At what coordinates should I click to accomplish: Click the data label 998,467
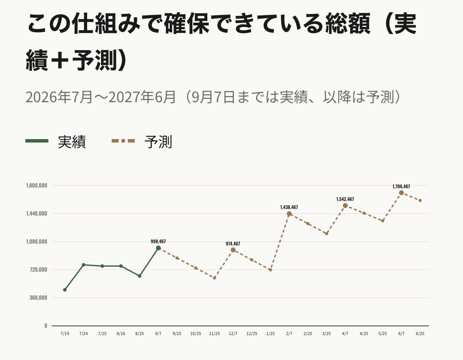[158, 241]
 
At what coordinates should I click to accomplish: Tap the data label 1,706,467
[401, 186]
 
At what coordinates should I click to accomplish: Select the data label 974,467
[233, 244]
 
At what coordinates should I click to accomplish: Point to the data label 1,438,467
[289, 207]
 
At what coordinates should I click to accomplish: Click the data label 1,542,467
[345, 199]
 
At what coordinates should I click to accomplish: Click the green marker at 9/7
[158, 248]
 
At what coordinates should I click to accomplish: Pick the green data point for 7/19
[65, 290]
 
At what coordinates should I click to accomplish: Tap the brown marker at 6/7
[401, 193]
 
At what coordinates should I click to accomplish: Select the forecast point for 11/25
[214, 278]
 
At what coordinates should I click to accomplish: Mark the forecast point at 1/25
[270, 270]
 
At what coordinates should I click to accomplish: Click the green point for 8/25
[140, 276]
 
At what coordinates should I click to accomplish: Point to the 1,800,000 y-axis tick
[36, 186]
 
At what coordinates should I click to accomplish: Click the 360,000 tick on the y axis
[38, 298]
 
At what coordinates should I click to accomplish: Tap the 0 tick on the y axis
[46, 326]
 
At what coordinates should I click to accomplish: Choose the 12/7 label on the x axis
[233, 333]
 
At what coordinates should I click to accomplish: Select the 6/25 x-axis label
[420, 333]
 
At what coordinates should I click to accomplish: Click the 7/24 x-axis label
[84, 333]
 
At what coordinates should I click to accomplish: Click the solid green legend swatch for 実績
[37, 141]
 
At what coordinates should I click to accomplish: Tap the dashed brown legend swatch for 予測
[123, 141]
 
